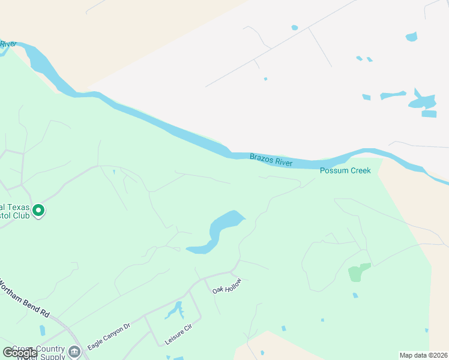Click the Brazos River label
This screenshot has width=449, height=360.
pyautogui.click(x=271, y=160)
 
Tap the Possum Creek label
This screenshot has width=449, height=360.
pyautogui.click(x=345, y=171)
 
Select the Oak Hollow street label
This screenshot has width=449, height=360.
pyautogui.click(x=227, y=286)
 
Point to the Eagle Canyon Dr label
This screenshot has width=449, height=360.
pyautogui.click(x=109, y=337)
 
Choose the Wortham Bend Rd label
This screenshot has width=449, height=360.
pyautogui.click(x=24, y=297)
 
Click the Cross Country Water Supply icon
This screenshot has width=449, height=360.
pyautogui.click(x=74, y=351)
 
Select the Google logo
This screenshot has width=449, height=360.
pyautogui.click(x=20, y=353)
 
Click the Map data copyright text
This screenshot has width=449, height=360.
pyautogui.click(x=423, y=355)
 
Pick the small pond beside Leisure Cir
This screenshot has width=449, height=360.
pyautogui.click(x=175, y=310)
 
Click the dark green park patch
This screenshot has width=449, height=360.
pyautogui.click(x=359, y=272)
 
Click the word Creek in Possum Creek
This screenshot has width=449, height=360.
pyautogui.click(x=359, y=171)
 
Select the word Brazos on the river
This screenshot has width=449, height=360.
pyautogui.click(x=262, y=158)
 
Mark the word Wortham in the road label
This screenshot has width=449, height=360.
pyautogui.click(x=15, y=290)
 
